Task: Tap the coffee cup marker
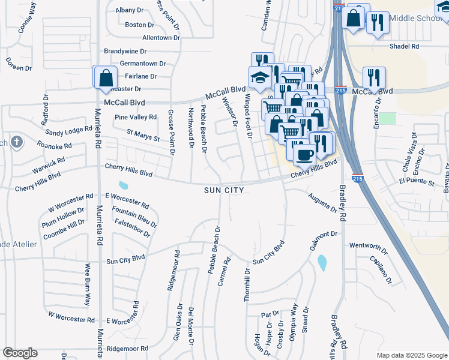click(x=304, y=155)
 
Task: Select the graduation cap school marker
click(x=260, y=78)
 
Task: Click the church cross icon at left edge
click(x=17, y=142)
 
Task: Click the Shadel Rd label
click(x=403, y=46)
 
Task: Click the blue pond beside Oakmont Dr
click(x=322, y=262)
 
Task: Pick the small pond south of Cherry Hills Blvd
click(x=124, y=185)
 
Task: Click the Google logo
click(x=20, y=353)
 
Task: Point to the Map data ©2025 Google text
click(x=411, y=355)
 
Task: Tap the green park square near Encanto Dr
click(x=388, y=118)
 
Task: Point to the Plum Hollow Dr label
click(x=63, y=213)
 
